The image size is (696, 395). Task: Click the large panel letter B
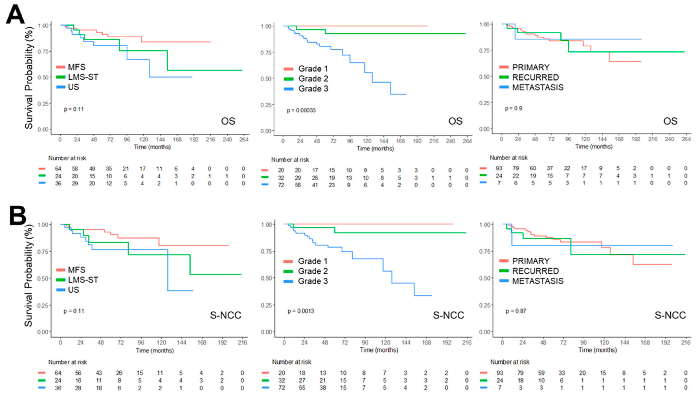point(18,216)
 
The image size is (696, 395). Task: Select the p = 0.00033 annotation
point(301,110)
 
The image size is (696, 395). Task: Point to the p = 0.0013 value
point(301,311)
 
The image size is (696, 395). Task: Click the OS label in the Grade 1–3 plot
point(455,121)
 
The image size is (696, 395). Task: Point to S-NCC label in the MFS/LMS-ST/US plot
point(226,315)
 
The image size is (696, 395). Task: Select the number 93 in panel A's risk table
point(499,168)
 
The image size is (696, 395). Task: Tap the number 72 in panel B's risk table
point(282,388)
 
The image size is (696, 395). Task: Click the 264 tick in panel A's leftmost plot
point(244,140)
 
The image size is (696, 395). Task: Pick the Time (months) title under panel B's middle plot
point(379,350)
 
